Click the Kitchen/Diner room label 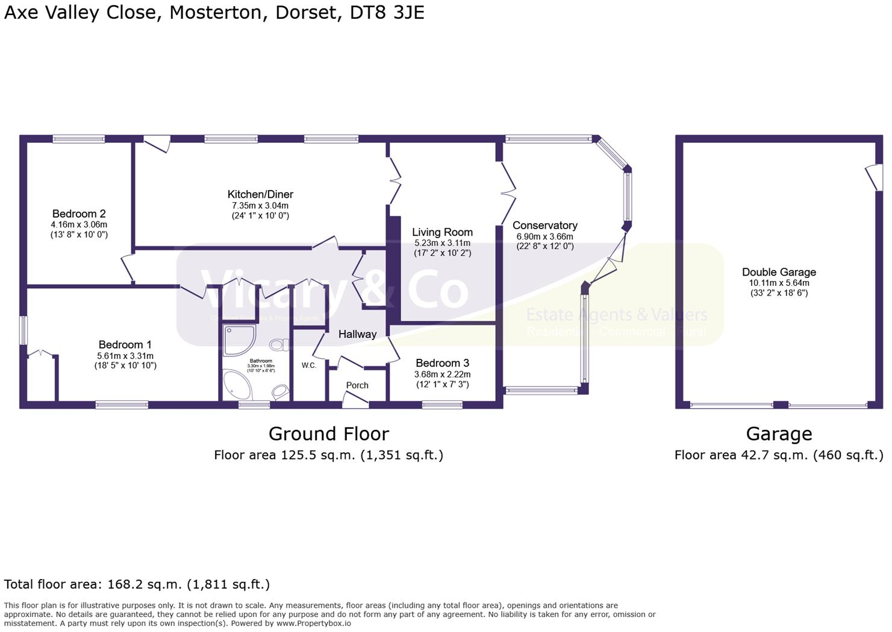tap(260, 194)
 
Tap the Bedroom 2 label tap(79, 213)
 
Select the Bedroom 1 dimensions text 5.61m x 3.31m tap(125, 356)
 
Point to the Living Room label tap(442, 232)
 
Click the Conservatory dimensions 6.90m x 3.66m tap(544, 236)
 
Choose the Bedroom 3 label tap(442, 363)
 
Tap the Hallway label tap(357, 334)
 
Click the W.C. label tap(309, 365)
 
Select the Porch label tap(357, 385)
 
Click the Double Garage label tap(779, 272)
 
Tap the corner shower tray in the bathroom tap(239, 341)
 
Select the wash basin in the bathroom tap(279, 392)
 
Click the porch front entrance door tap(355, 400)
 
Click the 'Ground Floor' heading tap(328, 434)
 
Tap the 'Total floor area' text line tap(137, 584)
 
